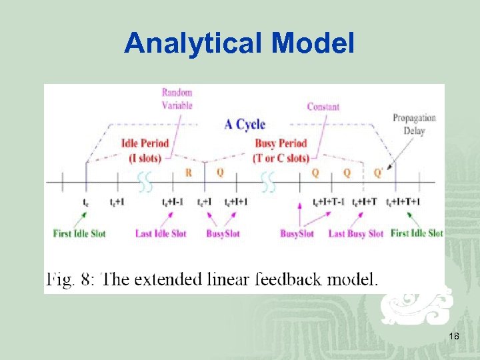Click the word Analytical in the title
(x=194, y=44)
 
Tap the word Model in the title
(x=313, y=44)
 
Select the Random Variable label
(x=177, y=99)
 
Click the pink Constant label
(x=323, y=107)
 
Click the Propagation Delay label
(x=414, y=124)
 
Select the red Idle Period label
(x=145, y=150)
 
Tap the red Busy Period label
(x=281, y=150)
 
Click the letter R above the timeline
(x=189, y=173)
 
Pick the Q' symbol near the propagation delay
(x=378, y=173)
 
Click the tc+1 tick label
(x=117, y=202)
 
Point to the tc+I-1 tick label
(x=172, y=202)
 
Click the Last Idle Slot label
(x=160, y=233)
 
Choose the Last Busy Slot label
(x=356, y=233)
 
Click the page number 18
(x=454, y=336)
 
